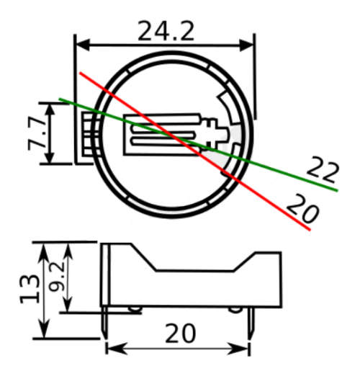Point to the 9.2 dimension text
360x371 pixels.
point(56,277)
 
